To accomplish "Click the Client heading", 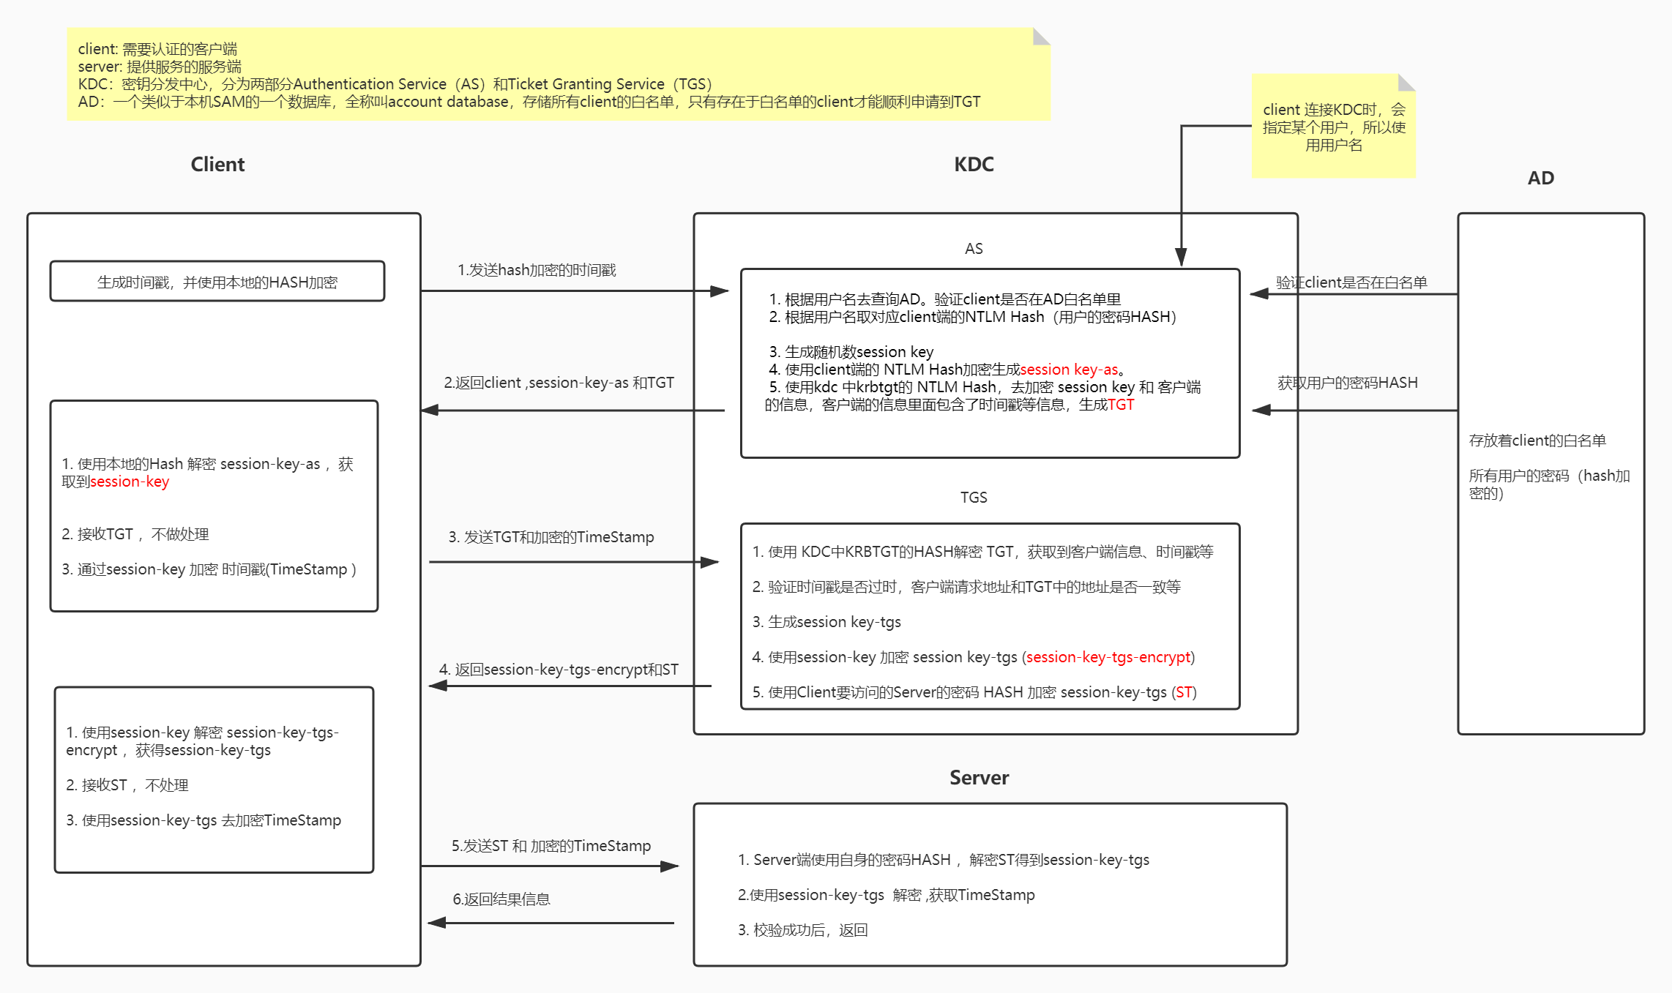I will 217,165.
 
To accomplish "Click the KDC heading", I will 974,165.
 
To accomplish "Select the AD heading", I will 1540,178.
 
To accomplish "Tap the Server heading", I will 979,778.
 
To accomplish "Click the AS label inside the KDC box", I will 974,249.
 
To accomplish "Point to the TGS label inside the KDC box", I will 974,498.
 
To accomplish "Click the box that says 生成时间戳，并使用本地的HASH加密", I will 217,282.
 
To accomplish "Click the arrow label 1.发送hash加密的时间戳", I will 537,270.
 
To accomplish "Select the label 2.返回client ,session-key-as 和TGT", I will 559,383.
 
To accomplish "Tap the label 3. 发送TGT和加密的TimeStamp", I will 551,537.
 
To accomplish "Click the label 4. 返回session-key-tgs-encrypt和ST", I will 559,670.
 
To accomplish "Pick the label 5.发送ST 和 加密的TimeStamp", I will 551,846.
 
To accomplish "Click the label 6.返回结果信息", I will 501,899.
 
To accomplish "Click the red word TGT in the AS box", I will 1121,405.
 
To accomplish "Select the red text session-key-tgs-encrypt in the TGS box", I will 1108,657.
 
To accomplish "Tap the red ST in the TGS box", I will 1184,692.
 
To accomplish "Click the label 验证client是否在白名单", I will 1351,282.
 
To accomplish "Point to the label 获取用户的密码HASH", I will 1347,383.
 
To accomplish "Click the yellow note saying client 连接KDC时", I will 1334,127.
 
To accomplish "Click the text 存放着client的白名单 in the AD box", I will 1537,441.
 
